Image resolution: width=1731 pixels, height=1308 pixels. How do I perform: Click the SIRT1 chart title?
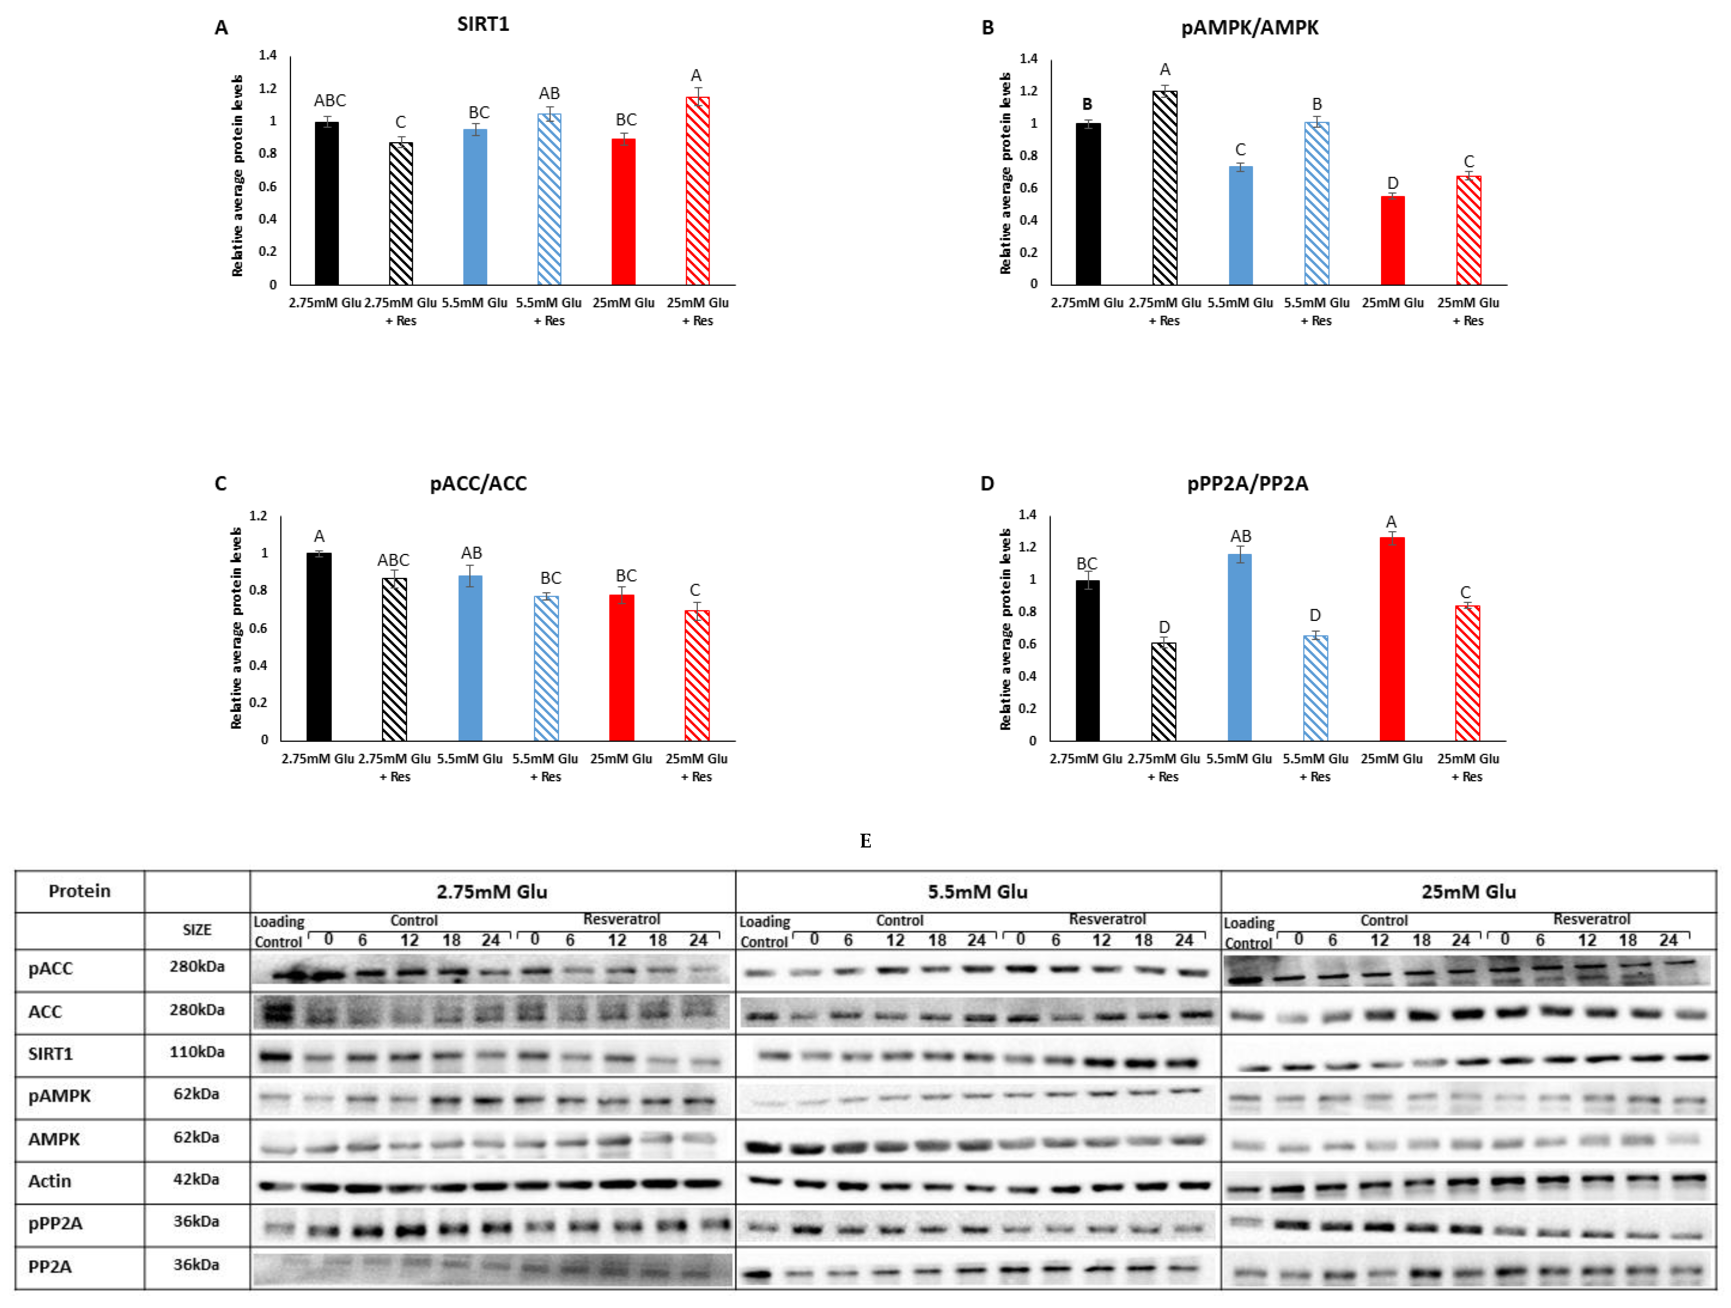483,24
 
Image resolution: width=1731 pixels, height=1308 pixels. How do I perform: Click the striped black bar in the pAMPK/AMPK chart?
1164,188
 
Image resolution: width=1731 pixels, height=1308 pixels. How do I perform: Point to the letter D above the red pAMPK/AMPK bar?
1392,183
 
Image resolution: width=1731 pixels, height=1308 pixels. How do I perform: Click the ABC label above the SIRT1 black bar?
330,100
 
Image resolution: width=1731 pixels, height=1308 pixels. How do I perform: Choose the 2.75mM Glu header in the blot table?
492,892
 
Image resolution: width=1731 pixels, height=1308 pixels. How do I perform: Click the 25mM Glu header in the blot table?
1468,892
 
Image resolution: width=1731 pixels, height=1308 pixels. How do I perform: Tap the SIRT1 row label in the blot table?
50,1054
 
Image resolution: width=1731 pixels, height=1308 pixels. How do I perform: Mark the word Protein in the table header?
79,891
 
